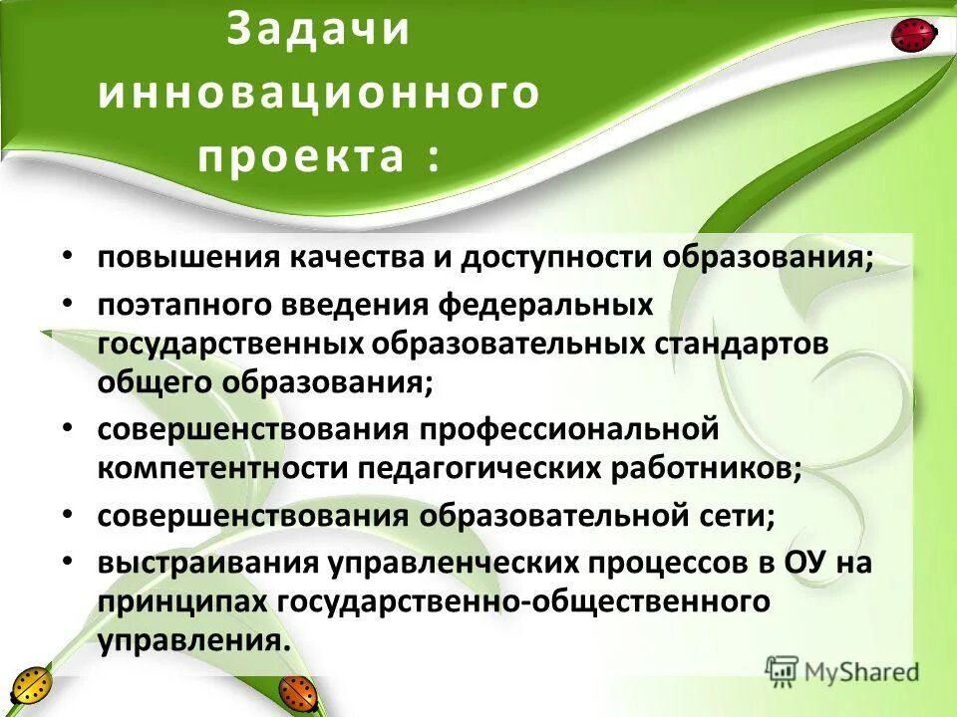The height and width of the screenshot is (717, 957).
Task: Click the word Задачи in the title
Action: (318, 29)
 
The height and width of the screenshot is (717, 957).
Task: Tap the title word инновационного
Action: (318, 94)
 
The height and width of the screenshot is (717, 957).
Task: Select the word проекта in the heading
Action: (303, 157)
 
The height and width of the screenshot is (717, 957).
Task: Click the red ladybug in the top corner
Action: (912, 36)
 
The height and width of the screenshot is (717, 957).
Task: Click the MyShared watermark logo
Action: (841, 670)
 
